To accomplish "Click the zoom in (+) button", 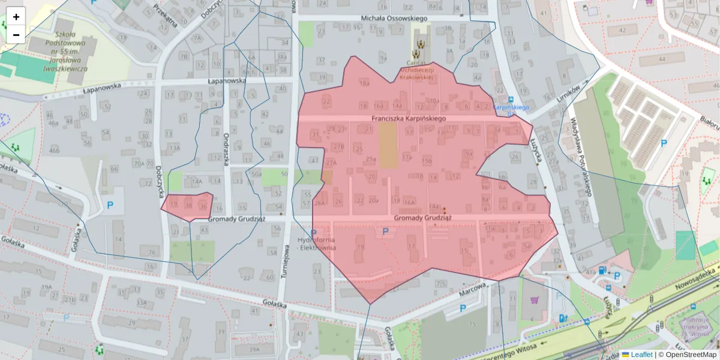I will pyautogui.click(x=16, y=17).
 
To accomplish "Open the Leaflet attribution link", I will pyautogui.click(x=641, y=355).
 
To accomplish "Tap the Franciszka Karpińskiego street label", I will pyautogui.click(x=408, y=119).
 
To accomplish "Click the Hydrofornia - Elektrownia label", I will pyautogui.click(x=317, y=243).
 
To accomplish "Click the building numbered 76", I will pyautogui.click(x=152, y=251).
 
